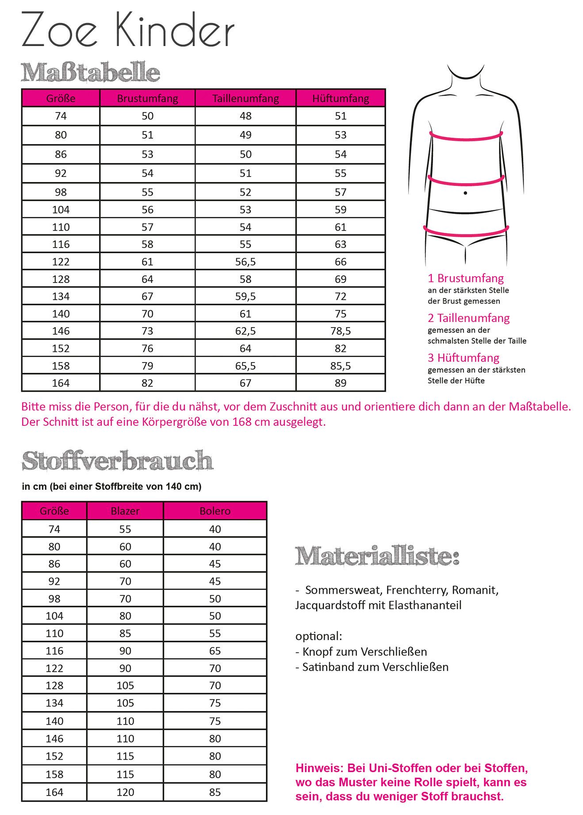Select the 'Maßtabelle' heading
coord(90,72)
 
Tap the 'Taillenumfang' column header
coord(245,98)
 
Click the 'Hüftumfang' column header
coord(341,98)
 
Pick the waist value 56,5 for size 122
coord(245,262)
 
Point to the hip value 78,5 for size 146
coord(341,331)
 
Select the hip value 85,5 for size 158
coord(341,366)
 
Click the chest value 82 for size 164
coord(147,383)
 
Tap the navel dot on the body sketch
coord(465,193)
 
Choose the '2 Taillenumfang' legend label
coord(468,318)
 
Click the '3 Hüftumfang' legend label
coord(463,358)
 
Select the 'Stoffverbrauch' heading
coord(117,461)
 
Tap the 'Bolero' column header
coord(215,511)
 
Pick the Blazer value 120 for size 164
coord(125,792)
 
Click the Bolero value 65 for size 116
coord(215,651)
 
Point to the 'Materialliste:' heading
coord(377,556)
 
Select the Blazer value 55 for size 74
coord(125,529)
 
